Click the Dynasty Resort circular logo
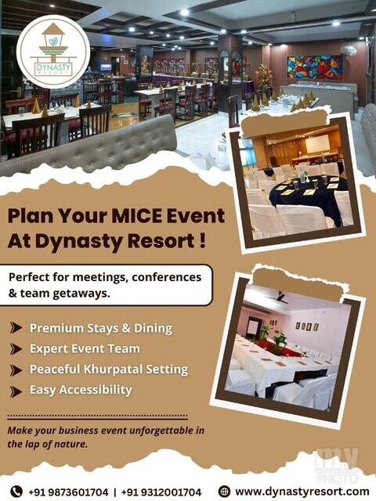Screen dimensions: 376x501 coord(53,52)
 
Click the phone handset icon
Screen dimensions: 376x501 coord(16,491)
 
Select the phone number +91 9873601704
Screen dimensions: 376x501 coord(68,492)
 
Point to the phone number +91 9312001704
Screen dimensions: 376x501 coord(161,492)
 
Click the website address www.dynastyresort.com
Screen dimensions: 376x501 coord(302,491)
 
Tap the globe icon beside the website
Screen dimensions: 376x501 coord(225,491)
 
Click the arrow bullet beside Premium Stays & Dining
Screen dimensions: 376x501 coord(16,328)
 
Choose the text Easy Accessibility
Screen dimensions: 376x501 coord(81,390)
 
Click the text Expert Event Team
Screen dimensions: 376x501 coord(85,348)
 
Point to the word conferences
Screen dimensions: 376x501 coord(166,276)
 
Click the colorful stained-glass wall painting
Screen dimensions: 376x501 coord(315,67)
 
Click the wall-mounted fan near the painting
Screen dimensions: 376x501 coord(348,51)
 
